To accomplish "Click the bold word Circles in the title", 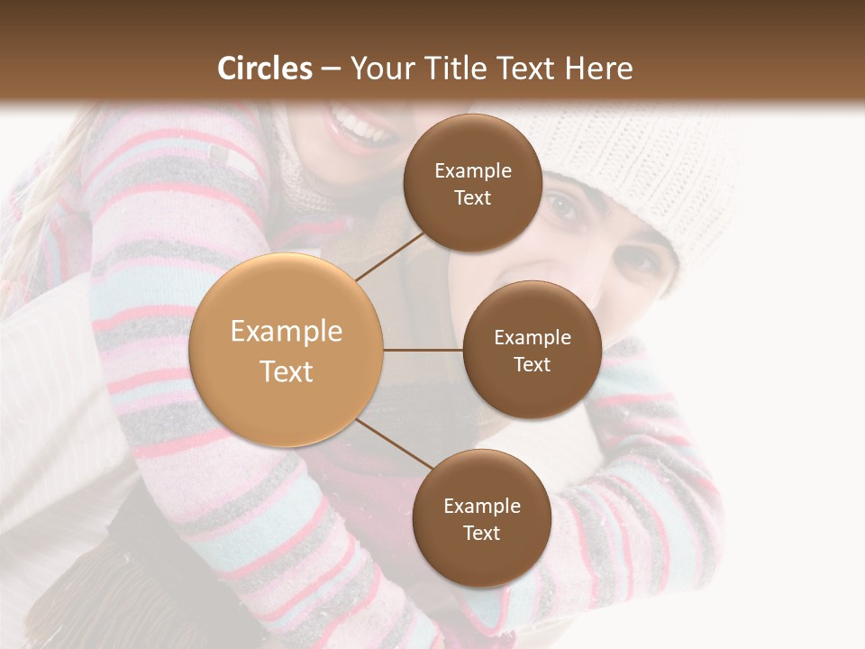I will [x=264, y=69].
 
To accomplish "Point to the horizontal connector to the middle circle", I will [x=423, y=350].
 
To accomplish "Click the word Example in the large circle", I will [x=287, y=332].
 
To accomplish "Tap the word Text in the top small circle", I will [x=472, y=198].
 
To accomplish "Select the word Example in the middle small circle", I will [x=532, y=337].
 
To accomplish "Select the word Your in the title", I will [x=379, y=69].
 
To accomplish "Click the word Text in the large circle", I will [x=287, y=371].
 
